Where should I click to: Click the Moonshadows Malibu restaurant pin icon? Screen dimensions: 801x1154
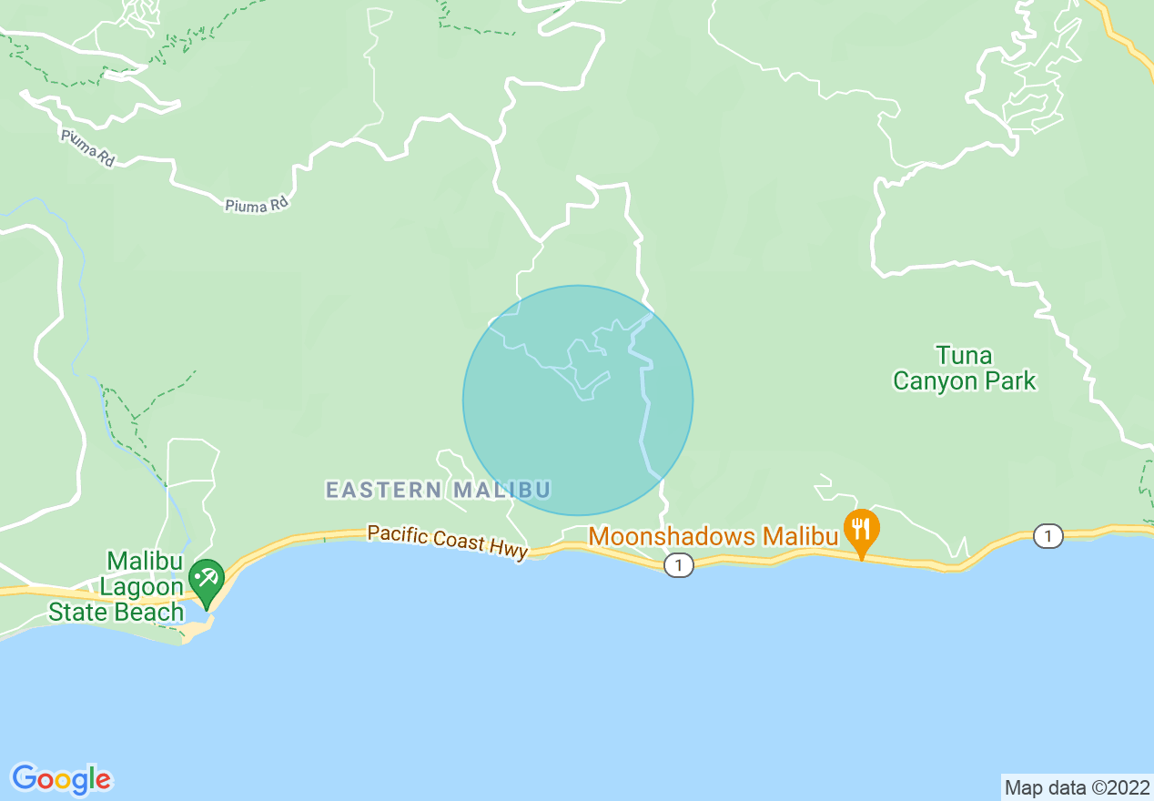tap(861, 529)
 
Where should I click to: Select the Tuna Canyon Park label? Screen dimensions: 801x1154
tap(964, 368)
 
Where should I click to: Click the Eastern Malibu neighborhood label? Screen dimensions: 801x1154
tap(438, 490)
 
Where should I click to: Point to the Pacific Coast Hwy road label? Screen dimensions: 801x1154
tap(448, 542)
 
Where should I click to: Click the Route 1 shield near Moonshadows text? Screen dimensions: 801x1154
tap(678, 565)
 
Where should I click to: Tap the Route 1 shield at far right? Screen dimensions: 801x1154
tap(1048, 536)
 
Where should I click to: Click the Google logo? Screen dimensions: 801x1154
tap(61, 779)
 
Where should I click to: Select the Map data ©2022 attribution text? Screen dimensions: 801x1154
tap(1077, 787)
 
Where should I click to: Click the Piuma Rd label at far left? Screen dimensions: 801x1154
tap(88, 147)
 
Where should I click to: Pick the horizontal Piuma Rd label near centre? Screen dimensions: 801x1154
tap(257, 206)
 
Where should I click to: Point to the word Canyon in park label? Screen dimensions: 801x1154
tap(935, 380)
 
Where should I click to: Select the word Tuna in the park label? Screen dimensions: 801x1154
tap(964, 355)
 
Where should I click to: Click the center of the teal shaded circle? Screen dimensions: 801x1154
tap(578, 400)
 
